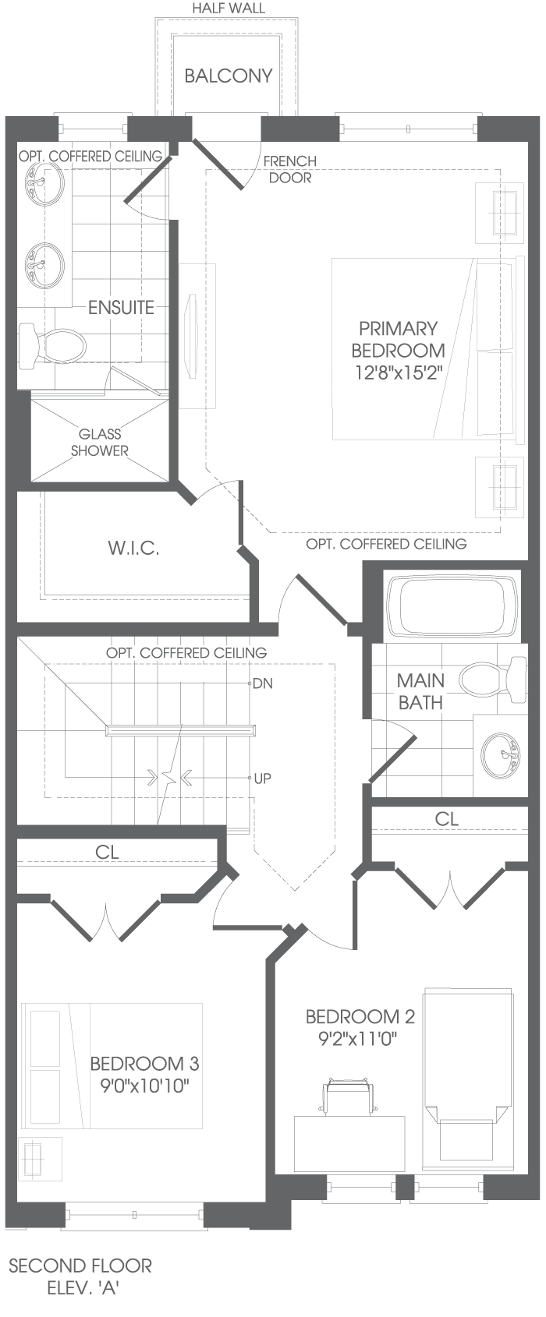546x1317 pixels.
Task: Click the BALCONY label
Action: (x=229, y=76)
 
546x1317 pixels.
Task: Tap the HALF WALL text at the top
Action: (x=229, y=9)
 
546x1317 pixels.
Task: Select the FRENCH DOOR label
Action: (x=290, y=169)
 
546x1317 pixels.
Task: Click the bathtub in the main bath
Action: (x=452, y=606)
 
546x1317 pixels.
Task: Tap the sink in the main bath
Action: (x=501, y=754)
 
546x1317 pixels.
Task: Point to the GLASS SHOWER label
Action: (x=100, y=442)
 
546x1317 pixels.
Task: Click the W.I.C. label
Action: (x=133, y=548)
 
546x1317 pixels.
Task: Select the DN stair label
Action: (x=262, y=683)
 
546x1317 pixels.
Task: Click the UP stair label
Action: (x=262, y=779)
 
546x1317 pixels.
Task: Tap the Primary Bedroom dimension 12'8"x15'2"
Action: (x=399, y=373)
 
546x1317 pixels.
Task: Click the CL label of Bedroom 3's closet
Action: (x=107, y=852)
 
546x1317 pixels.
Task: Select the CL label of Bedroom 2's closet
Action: (x=447, y=819)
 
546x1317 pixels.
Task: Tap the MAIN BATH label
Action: (x=420, y=691)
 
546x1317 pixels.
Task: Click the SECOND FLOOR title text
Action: (x=80, y=1266)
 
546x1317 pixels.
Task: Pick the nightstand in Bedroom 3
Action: (x=40, y=1158)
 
